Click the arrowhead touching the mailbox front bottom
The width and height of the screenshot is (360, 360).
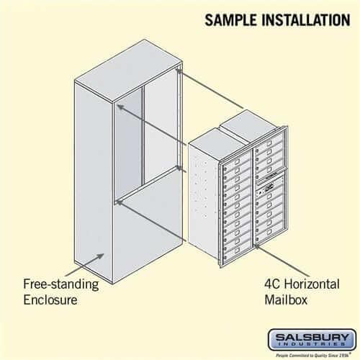tap(255, 249)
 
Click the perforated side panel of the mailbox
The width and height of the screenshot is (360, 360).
tap(204, 202)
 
